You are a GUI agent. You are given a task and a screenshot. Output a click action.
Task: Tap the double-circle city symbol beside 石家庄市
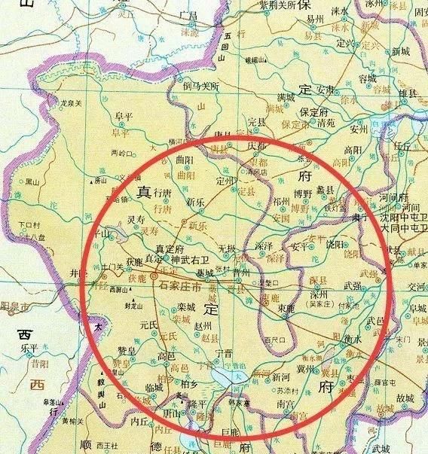[x=154, y=278]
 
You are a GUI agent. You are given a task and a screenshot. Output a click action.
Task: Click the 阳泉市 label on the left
[x=13, y=307]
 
